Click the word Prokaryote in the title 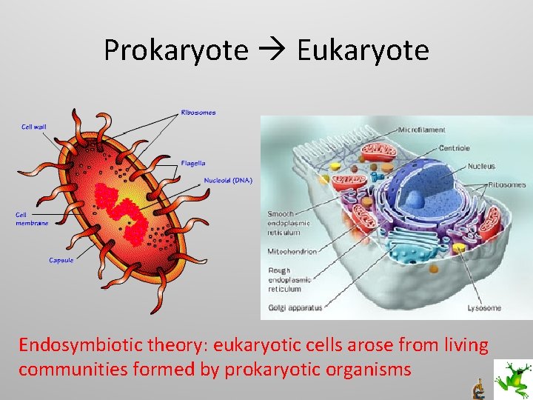coord(175,50)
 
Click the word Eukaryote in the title coord(363,50)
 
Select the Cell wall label coord(33,127)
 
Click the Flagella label coord(193,163)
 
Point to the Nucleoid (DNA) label coord(227,181)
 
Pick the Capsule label coord(61,260)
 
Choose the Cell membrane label coord(30,219)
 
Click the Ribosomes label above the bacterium coord(198,113)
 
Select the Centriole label coord(454,148)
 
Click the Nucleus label coord(481,167)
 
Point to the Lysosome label coord(484,308)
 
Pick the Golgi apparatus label coord(295,308)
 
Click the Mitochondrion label coord(292,252)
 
